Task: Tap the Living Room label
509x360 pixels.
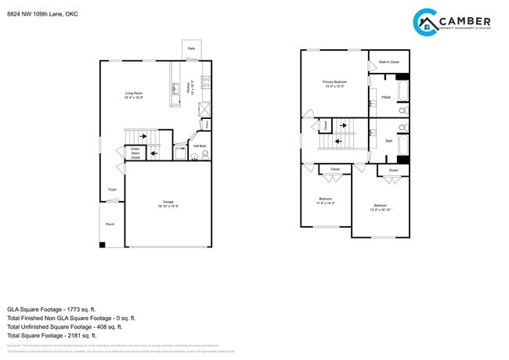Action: pos(134,95)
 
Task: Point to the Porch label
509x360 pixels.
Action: pos(110,224)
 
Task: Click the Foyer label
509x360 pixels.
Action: pos(112,189)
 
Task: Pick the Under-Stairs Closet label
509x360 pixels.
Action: pos(135,153)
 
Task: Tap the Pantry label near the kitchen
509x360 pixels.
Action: pos(206,124)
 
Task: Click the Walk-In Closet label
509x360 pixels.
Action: pos(389,61)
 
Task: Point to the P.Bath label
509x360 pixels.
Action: pos(386,97)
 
